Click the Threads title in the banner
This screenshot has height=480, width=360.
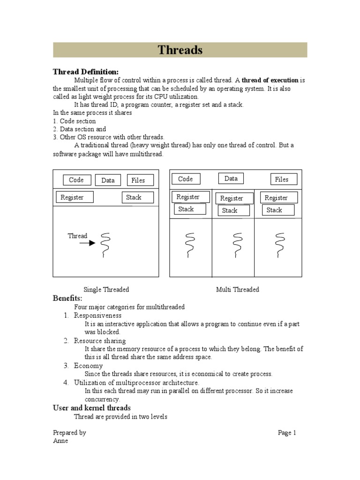(x=180, y=50)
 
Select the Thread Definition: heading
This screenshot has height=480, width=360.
(x=85, y=72)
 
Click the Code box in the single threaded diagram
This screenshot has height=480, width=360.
(x=76, y=180)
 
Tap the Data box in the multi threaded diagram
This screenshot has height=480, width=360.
(x=231, y=179)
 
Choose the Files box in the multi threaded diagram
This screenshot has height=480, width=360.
(x=282, y=179)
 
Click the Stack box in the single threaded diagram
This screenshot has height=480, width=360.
(x=138, y=197)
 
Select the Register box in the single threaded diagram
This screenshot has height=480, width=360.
(x=74, y=197)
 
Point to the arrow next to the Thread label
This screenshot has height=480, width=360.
(x=88, y=243)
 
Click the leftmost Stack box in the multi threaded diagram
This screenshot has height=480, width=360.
(x=190, y=209)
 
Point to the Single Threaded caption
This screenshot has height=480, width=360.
(x=106, y=290)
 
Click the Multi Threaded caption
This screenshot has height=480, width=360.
(x=237, y=290)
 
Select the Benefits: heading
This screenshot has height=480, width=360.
(x=67, y=299)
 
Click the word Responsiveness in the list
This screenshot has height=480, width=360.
(x=97, y=315)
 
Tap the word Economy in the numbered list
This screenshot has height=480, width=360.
(x=88, y=366)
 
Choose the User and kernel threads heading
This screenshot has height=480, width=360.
(x=91, y=408)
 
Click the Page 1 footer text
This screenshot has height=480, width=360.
(x=287, y=433)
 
